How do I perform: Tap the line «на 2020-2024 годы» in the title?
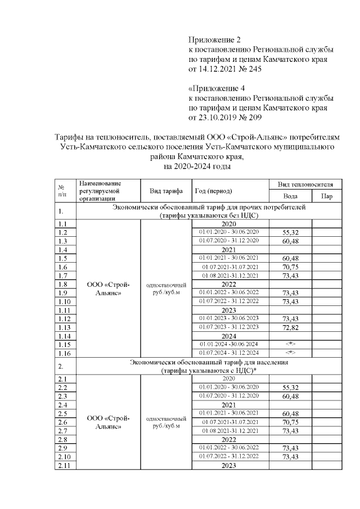pos(197,166)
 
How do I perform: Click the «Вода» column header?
pos(290,196)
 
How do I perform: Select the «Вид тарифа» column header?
pos(166,191)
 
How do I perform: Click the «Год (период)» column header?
pos(213,191)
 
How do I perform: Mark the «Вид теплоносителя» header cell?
pos(309,184)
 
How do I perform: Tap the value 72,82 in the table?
pos(290,327)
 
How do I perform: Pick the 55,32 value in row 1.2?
pos(290,232)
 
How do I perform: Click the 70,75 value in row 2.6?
pos(290,422)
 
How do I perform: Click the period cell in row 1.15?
pos(228,344)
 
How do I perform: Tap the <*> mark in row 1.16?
pos(290,353)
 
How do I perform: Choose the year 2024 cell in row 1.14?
pos(228,335)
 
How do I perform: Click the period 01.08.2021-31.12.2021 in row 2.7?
pos(228,431)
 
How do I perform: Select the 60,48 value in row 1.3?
pos(290,241)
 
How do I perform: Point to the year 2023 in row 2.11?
pos(228,466)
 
